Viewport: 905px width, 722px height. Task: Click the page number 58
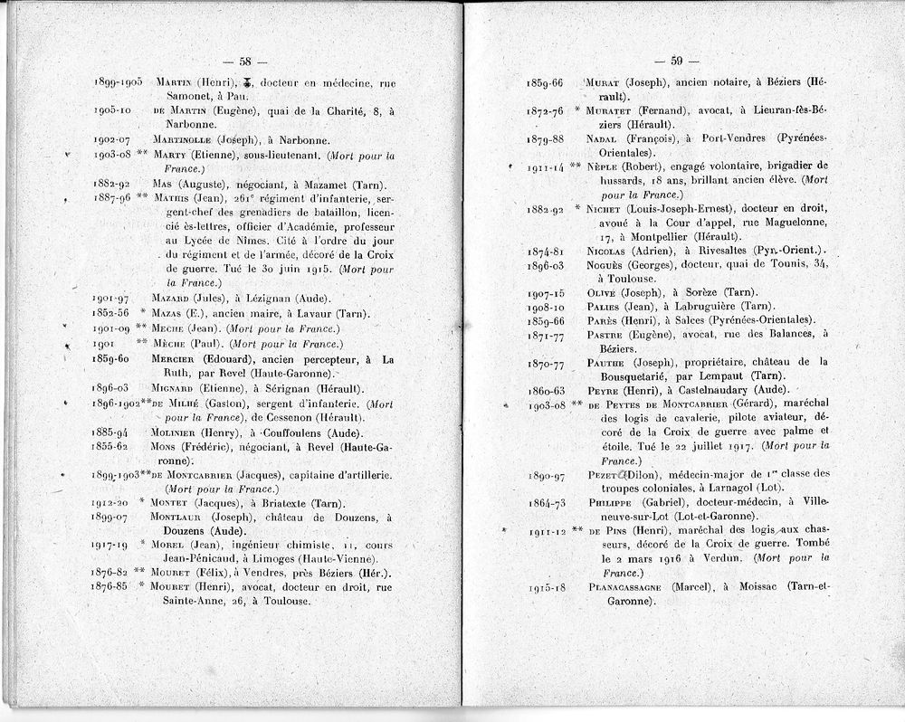point(244,62)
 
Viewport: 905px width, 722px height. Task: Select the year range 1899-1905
point(118,82)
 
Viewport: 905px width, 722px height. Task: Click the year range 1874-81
point(546,251)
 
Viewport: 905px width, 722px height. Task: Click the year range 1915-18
point(546,588)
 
